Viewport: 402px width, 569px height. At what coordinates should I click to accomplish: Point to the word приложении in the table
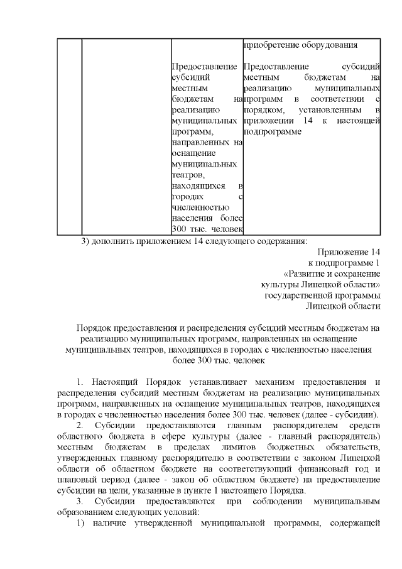tap(264, 121)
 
